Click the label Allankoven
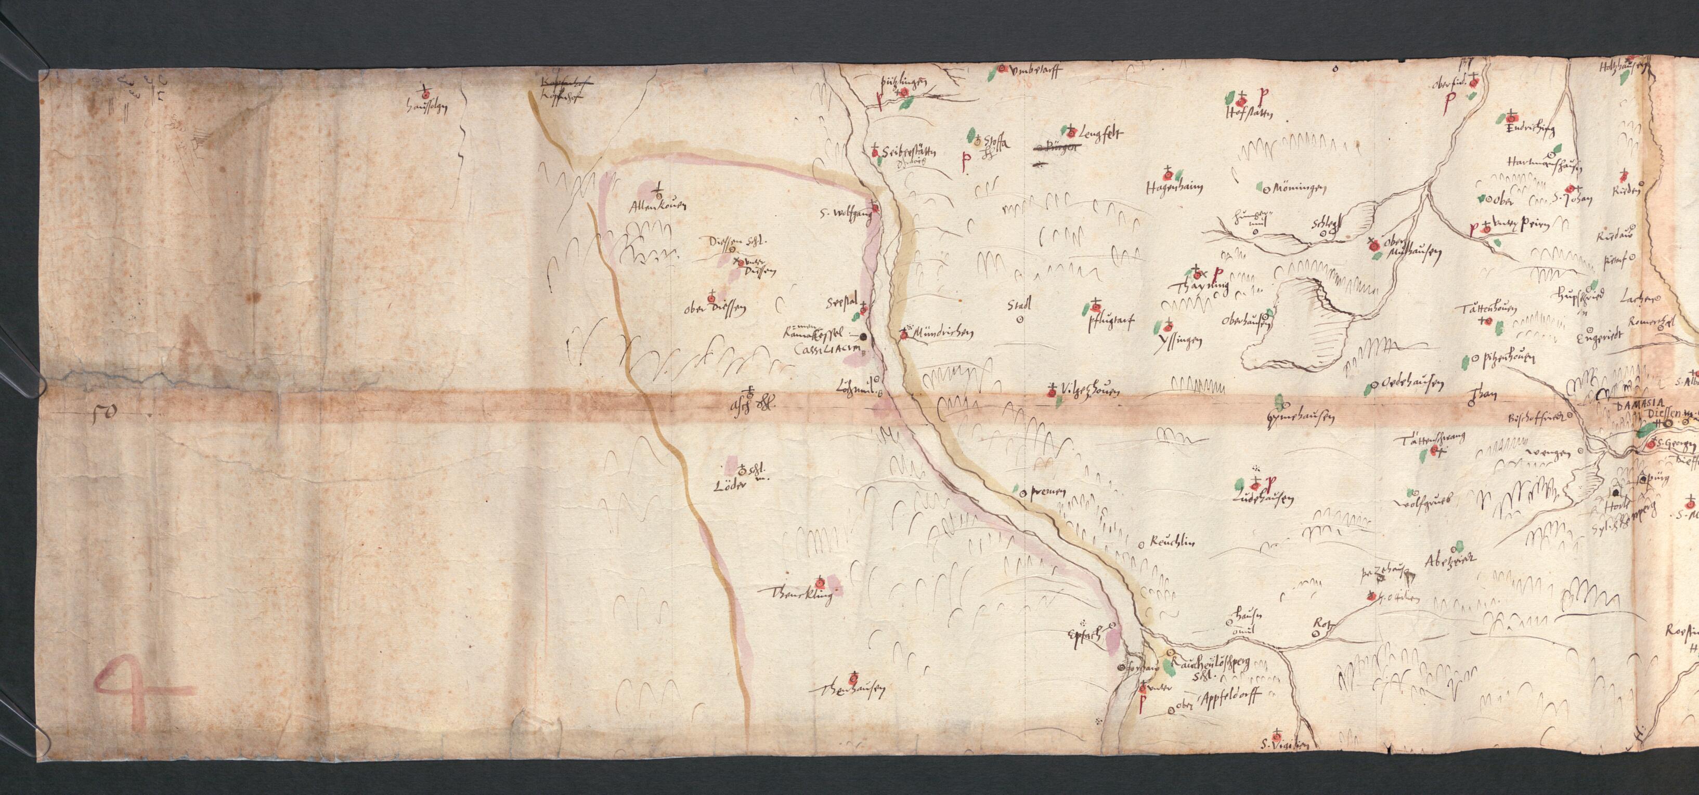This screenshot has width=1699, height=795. [197, 206]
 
